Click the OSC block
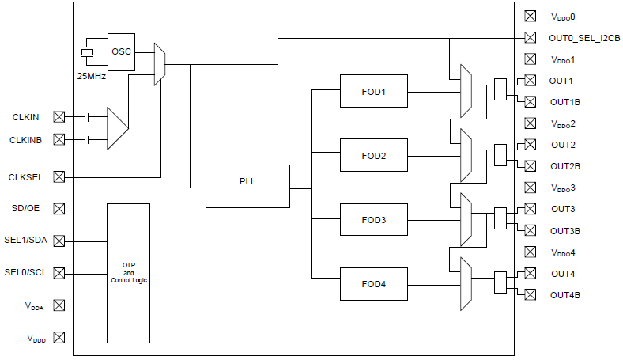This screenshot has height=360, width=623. (x=121, y=52)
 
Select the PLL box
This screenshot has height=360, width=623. (x=247, y=186)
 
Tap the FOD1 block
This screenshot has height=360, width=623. (x=373, y=91)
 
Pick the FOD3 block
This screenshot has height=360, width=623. (x=373, y=220)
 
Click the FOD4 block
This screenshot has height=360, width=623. (x=373, y=284)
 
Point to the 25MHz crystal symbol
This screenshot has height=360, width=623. (x=87, y=51)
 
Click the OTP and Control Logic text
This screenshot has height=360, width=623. (x=129, y=273)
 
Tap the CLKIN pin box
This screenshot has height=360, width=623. (x=59, y=117)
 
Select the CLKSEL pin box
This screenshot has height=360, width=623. (x=59, y=176)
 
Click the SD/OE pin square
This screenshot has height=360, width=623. (x=59, y=209)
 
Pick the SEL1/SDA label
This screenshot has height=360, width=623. (x=25, y=240)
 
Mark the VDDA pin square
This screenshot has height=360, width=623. (x=59, y=305)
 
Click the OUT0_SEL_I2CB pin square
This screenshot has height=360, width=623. (x=530, y=37)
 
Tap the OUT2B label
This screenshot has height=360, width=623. (x=565, y=166)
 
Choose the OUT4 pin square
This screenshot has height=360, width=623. (x=530, y=273)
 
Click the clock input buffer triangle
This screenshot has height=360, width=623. (x=117, y=128)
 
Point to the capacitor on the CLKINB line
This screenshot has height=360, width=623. (x=87, y=139)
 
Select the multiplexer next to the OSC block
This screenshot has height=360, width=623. (x=160, y=64)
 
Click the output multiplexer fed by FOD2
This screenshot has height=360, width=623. (x=466, y=155)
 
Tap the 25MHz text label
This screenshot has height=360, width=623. (x=92, y=76)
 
